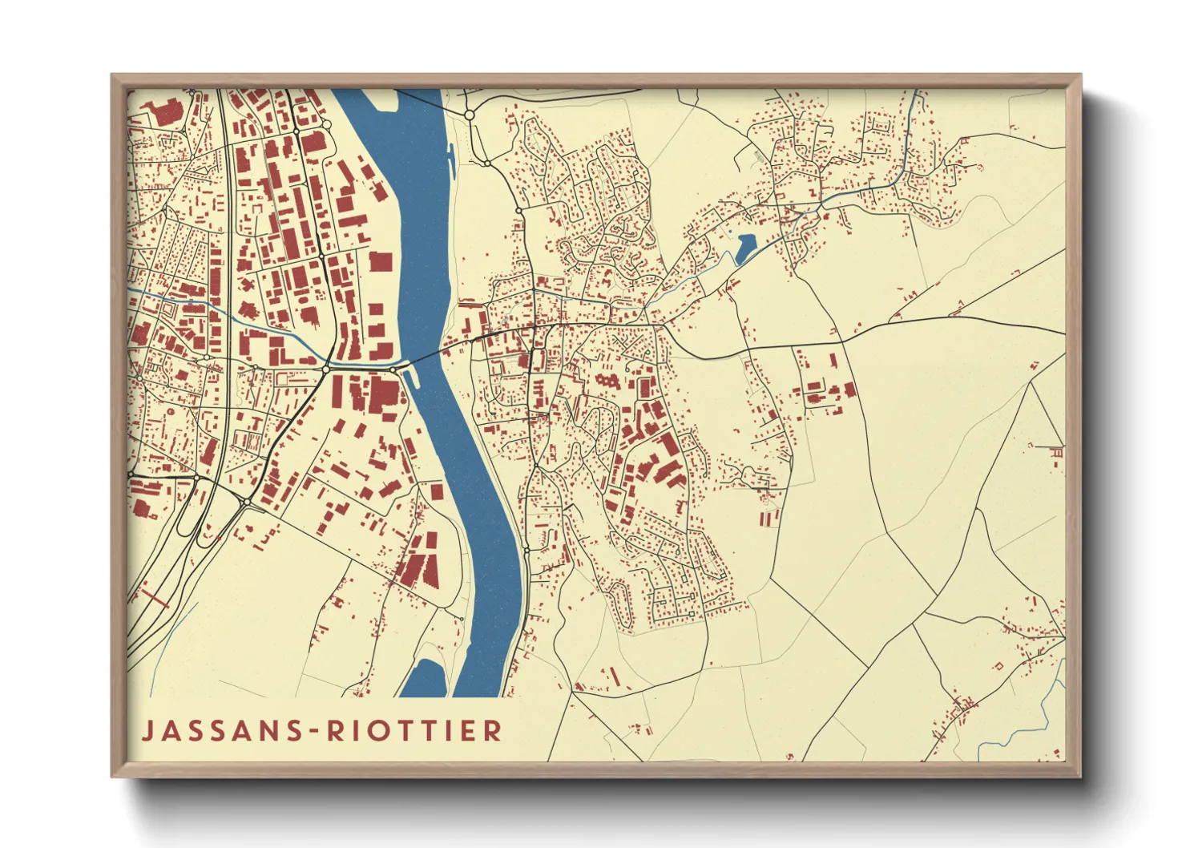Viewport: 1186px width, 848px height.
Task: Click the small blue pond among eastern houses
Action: [744, 248]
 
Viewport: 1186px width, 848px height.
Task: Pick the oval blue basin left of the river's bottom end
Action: [425, 678]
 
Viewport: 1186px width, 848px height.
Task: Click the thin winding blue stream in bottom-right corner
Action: [1050, 705]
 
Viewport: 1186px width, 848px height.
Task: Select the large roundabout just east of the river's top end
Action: [470, 115]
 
